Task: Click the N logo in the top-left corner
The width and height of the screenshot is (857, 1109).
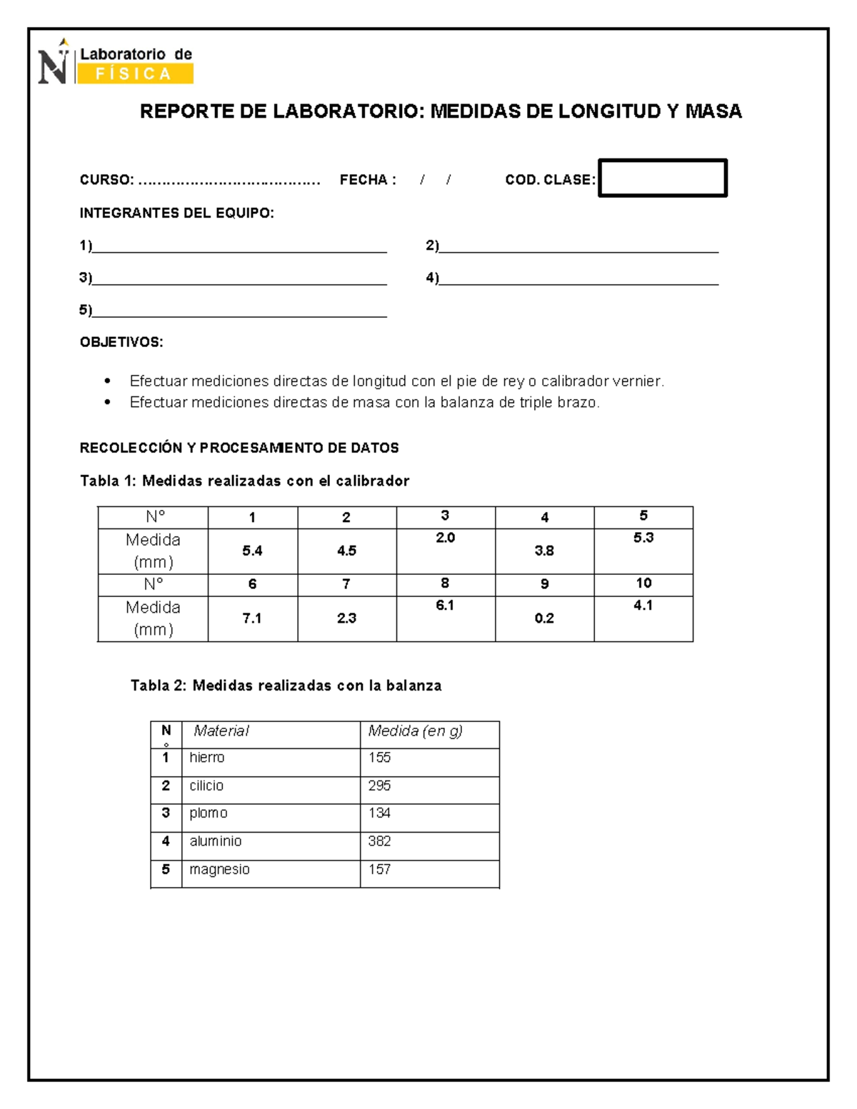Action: [54, 64]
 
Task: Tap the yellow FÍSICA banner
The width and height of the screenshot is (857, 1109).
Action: [134, 74]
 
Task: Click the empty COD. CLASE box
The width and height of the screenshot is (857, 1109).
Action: [662, 178]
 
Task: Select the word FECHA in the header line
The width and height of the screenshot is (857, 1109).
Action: [364, 180]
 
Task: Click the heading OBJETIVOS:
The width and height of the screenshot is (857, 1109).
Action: [121, 342]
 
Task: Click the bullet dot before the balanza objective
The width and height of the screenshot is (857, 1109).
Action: [108, 402]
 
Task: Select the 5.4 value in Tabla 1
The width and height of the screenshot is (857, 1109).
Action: [252, 551]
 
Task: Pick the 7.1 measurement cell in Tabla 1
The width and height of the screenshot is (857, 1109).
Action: [252, 618]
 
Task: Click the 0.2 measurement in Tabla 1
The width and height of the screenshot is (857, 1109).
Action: [544, 618]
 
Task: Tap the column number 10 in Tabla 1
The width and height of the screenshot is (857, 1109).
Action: [643, 583]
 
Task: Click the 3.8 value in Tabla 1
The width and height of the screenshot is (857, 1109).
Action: [544, 551]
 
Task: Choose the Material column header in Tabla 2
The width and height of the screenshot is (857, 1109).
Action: [221, 731]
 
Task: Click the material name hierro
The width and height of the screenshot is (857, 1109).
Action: [207, 758]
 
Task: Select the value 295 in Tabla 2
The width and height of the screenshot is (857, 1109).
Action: [379, 786]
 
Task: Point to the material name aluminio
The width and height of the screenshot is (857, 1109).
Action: [216, 841]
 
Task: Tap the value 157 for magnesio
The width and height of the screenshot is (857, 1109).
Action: [379, 869]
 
